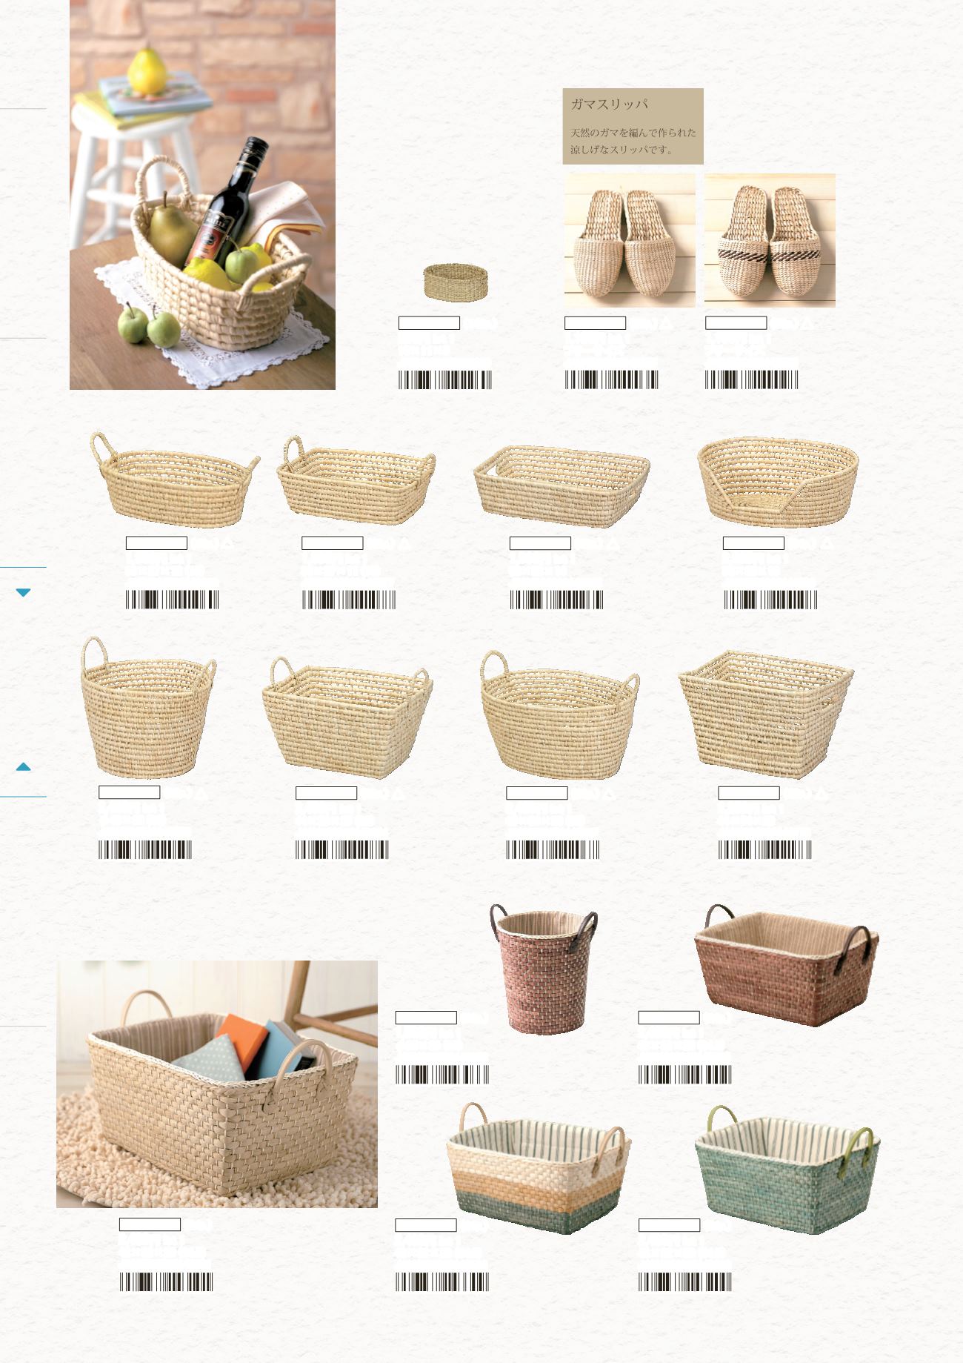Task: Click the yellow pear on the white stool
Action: point(147,71)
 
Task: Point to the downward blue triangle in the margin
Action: point(23,592)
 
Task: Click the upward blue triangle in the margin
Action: point(23,767)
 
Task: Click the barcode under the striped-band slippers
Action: point(751,380)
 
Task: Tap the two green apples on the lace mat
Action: point(148,324)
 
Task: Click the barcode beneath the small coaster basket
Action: point(444,380)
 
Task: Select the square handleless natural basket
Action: point(766,714)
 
